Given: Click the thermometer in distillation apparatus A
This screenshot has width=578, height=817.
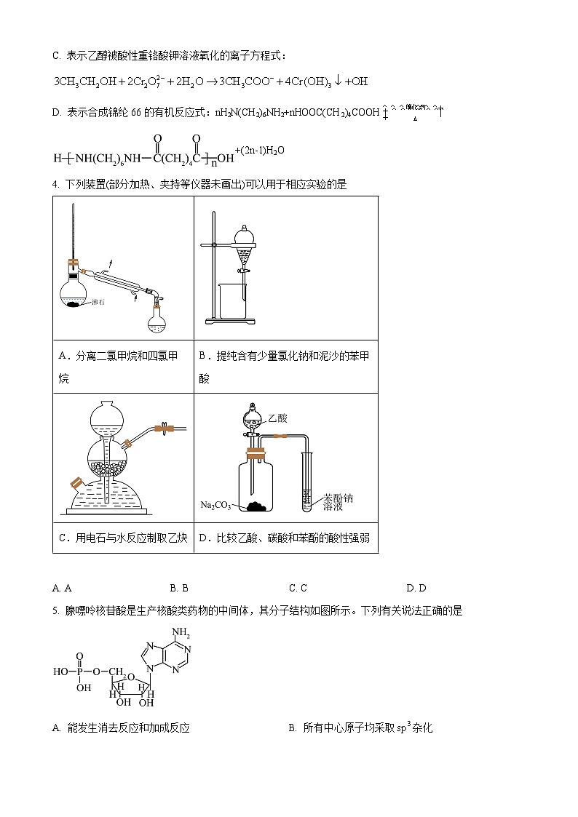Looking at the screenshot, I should click(73, 233).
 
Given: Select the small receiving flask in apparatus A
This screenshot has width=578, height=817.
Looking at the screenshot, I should click(156, 319).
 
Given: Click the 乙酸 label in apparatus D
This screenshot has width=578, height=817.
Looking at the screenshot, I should click(277, 418).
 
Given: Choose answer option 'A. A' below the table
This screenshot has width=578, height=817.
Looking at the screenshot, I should click(62, 588).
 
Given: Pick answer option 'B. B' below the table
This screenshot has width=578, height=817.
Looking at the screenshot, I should click(179, 588).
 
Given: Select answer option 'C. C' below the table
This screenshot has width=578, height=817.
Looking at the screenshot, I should click(298, 588).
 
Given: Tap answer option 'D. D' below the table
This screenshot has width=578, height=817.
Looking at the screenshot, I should click(416, 588).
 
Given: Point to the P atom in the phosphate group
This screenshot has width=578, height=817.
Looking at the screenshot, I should click(80, 672).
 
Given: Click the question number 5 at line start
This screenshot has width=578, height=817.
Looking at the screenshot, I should click(55, 611).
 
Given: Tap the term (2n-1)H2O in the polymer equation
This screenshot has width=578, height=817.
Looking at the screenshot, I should click(259, 151).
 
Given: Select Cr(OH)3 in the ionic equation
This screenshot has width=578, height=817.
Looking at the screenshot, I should click(314, 82).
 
